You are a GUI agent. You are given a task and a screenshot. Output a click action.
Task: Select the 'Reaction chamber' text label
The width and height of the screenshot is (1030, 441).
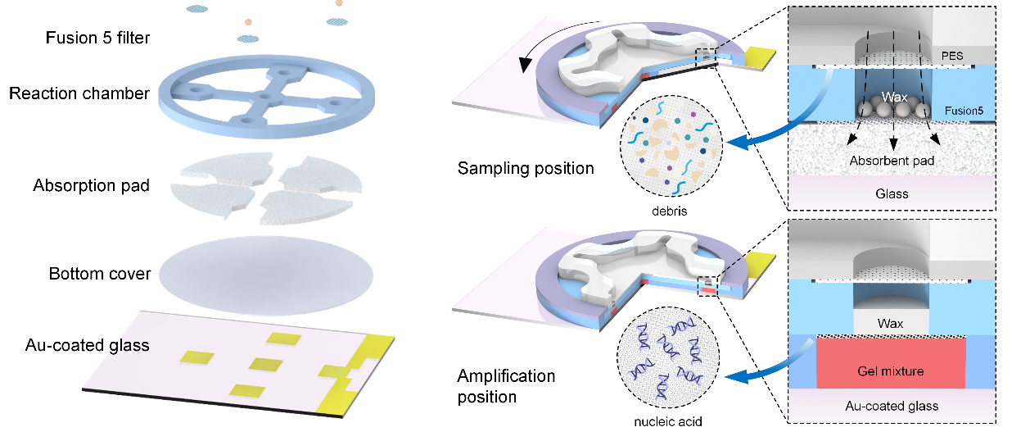click(79, 93)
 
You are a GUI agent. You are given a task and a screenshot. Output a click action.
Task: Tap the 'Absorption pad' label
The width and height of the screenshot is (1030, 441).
click(92, 185)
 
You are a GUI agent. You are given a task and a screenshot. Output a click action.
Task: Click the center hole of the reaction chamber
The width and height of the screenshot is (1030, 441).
click(264, 98)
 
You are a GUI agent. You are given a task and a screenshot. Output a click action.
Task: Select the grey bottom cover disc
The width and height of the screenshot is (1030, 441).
click(266, 272)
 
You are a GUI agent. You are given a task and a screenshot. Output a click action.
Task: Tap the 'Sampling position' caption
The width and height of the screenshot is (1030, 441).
click(525, 169)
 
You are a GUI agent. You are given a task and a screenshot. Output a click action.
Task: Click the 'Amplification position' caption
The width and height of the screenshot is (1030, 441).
click(506, 386)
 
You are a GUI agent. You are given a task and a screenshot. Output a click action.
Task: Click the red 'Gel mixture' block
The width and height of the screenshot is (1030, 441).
click(891, 371)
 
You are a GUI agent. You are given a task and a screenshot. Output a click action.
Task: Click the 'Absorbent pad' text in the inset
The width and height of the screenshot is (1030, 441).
click(892, 161)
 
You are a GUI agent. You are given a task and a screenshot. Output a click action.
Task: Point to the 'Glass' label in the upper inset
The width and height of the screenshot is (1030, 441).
click(891, 193)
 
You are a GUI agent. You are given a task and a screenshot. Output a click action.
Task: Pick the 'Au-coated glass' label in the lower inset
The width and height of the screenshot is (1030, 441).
click(891, 406)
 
